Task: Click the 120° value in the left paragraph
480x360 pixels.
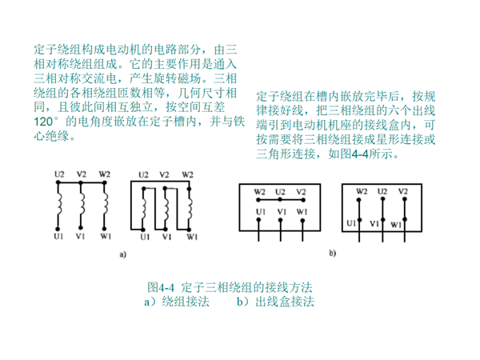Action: pos(46,122)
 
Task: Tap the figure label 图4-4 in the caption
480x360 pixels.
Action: pos(161,287)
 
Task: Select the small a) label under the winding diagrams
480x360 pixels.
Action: pos(122,254)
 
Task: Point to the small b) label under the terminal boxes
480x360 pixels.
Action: pos(333,253)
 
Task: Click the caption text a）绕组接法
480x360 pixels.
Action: pos(177,302)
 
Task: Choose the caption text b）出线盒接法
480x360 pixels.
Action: pos(275,302)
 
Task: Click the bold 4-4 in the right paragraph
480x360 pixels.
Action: pos(360,154)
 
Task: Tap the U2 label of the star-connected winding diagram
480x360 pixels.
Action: pos(59,174)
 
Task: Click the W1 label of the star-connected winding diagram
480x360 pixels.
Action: pos(106,236)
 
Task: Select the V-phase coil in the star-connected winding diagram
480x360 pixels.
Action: pos(82,205)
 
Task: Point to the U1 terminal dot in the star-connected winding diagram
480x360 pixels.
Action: pos(58,229)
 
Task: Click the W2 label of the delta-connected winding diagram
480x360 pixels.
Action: pos(187,174)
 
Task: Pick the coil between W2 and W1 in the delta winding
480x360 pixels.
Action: pos(190,209)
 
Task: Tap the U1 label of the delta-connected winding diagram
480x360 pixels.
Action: pos(145,237)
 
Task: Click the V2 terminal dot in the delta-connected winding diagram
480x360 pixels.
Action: pos(165,189)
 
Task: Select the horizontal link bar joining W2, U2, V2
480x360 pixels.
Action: pos(281,200)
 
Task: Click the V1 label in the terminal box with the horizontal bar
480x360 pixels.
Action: pos(282,211)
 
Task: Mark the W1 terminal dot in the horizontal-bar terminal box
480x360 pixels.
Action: pos(302,220)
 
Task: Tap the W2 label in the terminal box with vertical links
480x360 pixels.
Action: pos(362,191)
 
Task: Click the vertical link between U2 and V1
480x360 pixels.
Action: pos(382,210)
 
